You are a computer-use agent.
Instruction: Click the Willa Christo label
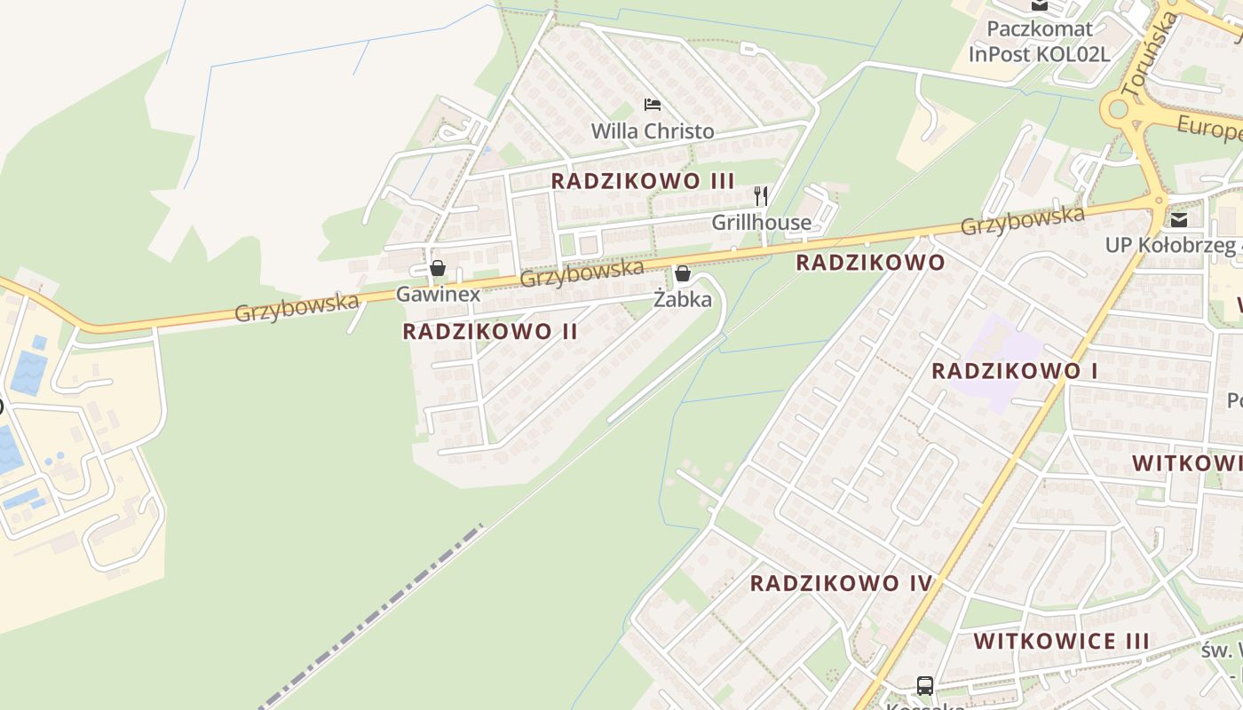(653, 131)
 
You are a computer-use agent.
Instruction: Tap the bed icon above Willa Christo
(653, 105)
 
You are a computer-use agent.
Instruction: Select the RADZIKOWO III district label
(643, 181)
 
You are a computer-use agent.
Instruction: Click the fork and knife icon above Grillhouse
(761, 196)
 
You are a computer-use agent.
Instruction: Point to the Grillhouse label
(761, 223)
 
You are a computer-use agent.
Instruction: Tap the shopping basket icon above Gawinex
(438, 268)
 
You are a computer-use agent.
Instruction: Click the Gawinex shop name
(438, 295)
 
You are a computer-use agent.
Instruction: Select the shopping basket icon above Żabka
(683, 273)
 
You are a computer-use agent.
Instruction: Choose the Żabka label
(683, 300)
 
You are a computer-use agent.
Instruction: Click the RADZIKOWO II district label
(490, 332)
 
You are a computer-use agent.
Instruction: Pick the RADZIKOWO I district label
(1014, 371)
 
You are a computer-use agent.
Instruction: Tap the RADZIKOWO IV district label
(841, 583)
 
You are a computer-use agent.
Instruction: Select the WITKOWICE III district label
(1061, 641)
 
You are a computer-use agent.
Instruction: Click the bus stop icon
(925, 685)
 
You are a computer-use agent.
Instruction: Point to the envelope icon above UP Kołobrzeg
(1179, 220)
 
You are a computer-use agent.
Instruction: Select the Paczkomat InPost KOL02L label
(1039, 41)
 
